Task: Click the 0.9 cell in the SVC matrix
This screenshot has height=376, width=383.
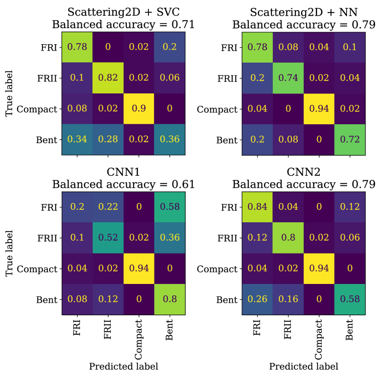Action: [139, 110]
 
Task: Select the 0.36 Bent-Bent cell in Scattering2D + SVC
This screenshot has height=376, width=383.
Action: [170, 140]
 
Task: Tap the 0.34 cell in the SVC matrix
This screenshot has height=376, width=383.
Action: [77, 140]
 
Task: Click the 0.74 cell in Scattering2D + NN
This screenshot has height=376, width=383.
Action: [288, 78]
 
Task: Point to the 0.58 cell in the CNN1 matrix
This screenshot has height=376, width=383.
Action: [170, 207]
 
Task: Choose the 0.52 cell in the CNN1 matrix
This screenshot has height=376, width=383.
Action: [108, 238]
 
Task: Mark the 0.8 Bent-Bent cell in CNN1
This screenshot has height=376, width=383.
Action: [170, 300]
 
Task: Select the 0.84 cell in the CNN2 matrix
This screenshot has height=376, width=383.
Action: [257, 207]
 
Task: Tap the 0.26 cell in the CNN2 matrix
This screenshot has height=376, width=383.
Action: [257, 300]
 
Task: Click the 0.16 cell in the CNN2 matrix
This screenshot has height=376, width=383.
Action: [288, 300]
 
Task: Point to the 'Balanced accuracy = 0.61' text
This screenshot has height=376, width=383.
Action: [123, 185]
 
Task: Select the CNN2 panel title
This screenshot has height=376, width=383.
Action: [303, 172]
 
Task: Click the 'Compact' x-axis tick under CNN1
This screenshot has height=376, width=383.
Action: [139, 338]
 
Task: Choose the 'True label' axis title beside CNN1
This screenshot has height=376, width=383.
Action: [9, 253]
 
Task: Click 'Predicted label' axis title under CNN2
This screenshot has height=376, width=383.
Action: [303, 367]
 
